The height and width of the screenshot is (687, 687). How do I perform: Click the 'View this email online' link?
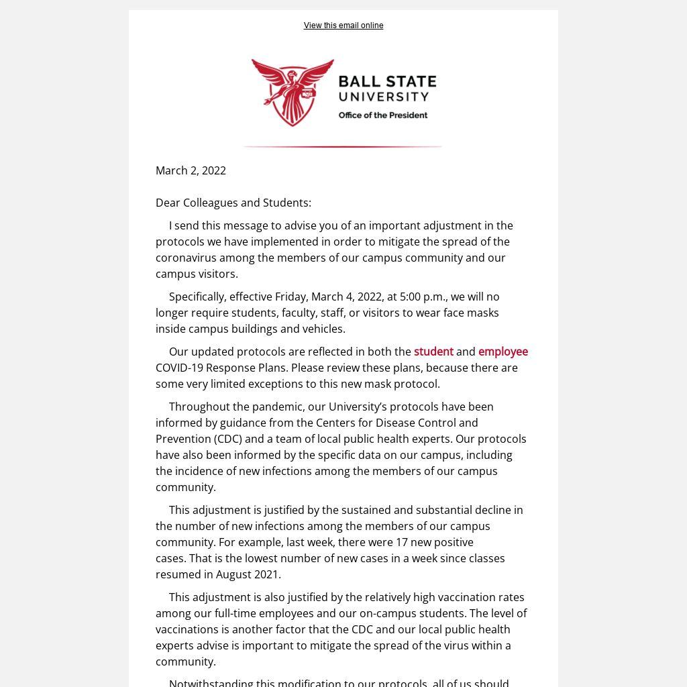[343, 25]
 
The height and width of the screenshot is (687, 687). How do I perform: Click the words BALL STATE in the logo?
[387, 83]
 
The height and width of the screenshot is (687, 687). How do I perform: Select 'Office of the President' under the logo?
[382, 115]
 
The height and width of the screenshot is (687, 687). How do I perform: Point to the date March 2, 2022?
[191, 170]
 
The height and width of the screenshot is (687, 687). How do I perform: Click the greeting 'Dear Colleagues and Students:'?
[233, 203]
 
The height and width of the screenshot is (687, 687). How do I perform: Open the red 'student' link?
[433, 352]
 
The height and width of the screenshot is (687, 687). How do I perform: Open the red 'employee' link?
[503, 352]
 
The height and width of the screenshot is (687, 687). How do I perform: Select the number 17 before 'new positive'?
[402, 542]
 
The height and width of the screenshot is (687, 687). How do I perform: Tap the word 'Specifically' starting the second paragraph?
[197, 297]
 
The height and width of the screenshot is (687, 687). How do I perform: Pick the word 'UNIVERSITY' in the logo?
[383, 97]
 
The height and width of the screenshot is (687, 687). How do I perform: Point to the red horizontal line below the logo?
[342, 146]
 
